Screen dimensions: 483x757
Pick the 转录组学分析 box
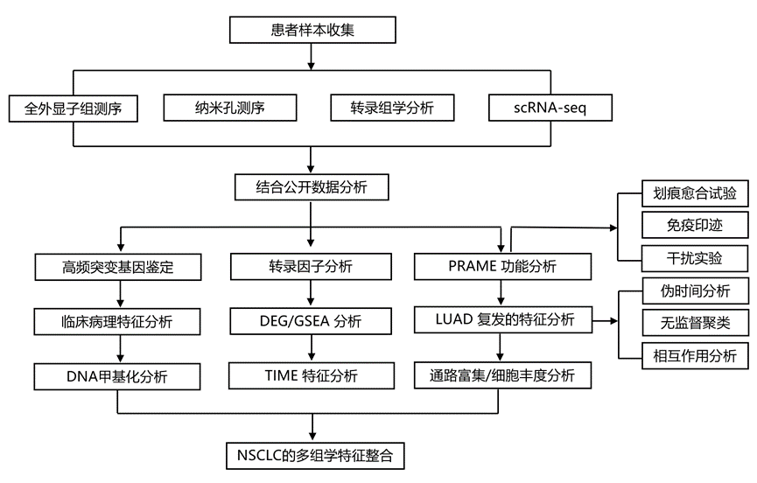coord(392,108)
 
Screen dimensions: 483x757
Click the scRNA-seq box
coord(549,108)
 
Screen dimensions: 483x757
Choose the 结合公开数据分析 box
coord(311,187)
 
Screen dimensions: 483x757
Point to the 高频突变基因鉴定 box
coord(118,267)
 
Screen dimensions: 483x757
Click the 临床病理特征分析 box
coord(118,320)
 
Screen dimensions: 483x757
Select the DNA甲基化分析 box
coord(118,376)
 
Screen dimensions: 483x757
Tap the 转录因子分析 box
coord(311,267)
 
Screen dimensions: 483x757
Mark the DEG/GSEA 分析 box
coord(311,320)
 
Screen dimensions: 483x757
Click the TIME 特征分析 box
coord(311,376)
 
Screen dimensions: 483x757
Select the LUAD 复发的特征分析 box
coord(501,320)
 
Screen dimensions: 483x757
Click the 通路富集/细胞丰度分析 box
coord(501,376)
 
